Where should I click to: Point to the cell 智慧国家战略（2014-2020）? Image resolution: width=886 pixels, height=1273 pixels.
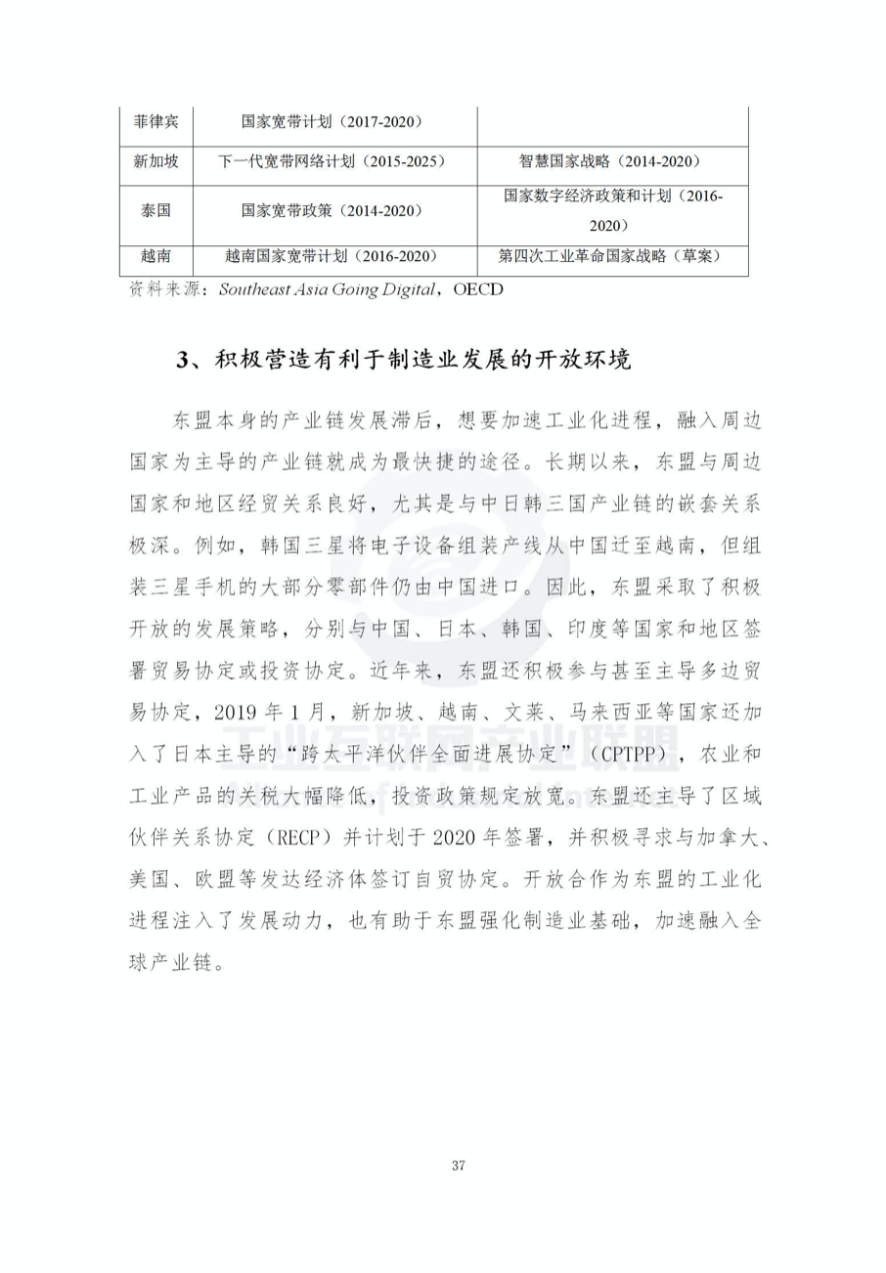coord(612,161)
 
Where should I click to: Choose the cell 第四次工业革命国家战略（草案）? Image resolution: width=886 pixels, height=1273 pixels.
coord(612,256)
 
